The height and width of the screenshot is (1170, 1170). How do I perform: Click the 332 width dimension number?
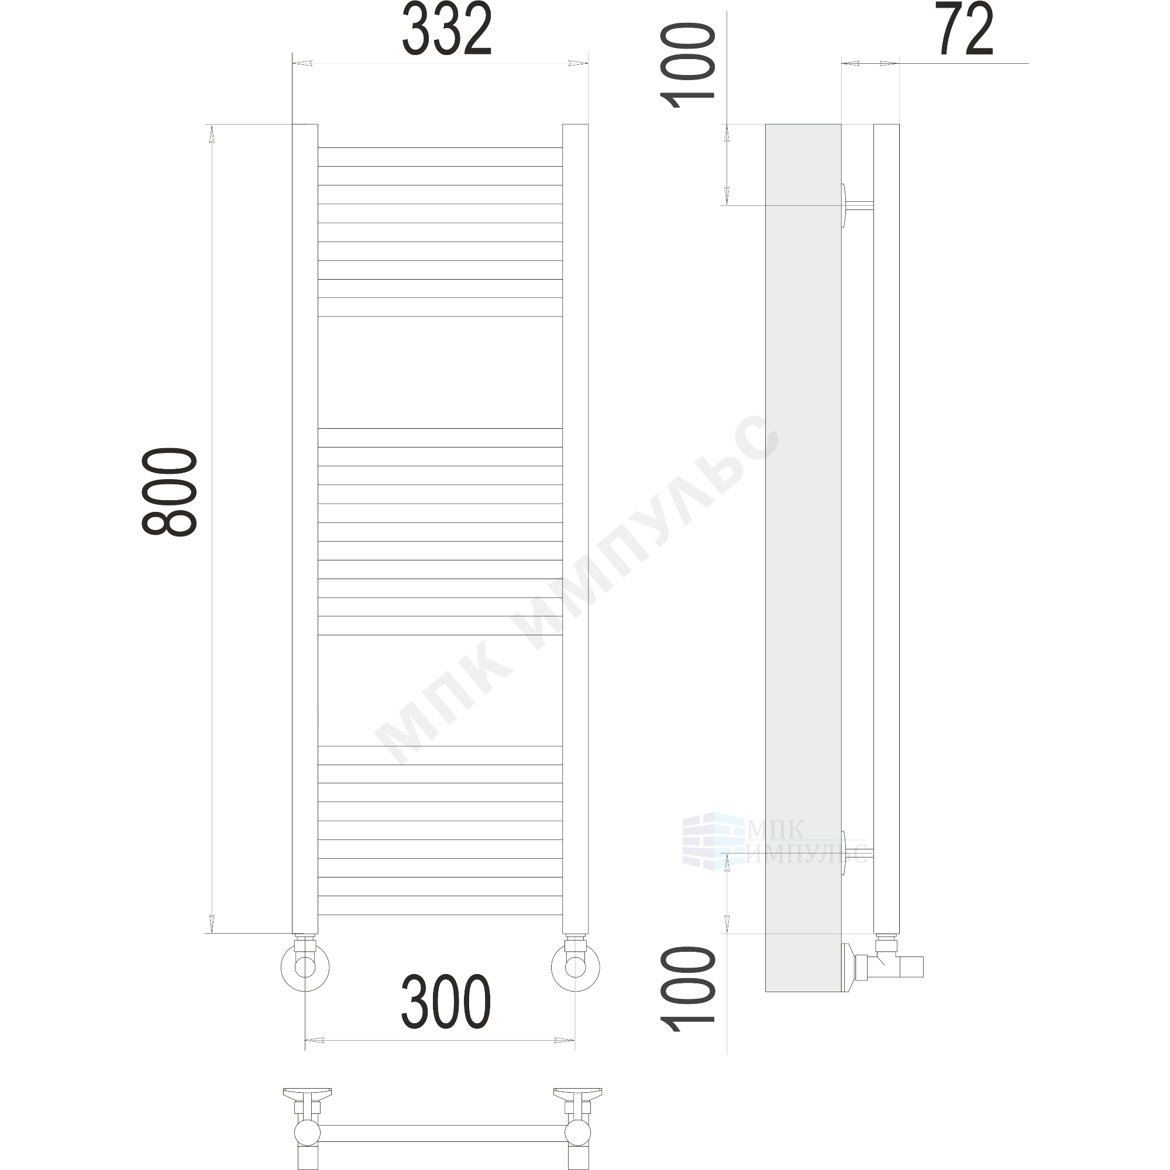pos(447,30)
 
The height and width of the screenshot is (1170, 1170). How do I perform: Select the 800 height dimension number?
pos(170,492)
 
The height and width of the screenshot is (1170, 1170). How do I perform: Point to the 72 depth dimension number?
pos(965,29)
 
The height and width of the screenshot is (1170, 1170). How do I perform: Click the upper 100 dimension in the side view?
pos(687,66)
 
